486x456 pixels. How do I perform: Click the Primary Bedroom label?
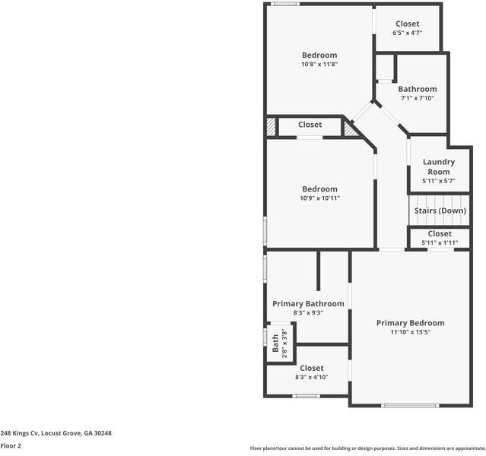point(411,323)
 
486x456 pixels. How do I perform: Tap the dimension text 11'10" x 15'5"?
point(411,332)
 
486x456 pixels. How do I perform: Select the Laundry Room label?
point(439,166)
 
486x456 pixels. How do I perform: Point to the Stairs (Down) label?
point(440,211)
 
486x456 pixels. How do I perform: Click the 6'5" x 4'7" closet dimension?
point(408,33)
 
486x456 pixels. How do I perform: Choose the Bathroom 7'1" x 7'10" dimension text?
point(418,98)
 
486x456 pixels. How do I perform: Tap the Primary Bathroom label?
point(308,304)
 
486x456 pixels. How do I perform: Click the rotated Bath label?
point(275,344)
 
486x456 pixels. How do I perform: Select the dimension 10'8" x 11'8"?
point(319,65)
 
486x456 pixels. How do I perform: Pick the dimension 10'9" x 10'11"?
point(320,198)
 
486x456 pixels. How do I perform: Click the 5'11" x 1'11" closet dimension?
point(440,242)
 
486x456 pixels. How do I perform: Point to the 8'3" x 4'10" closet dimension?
point(312,377)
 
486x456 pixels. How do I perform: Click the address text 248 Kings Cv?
point(19,433)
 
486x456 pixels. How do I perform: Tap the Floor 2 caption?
point(11,446)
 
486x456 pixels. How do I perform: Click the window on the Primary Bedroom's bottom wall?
point(410,406)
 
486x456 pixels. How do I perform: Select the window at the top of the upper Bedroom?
point(285,4)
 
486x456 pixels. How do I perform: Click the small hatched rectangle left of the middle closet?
point(272,126)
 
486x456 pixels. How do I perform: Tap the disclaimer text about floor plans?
point(368,448)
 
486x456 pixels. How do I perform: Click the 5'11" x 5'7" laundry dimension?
point(439,181)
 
